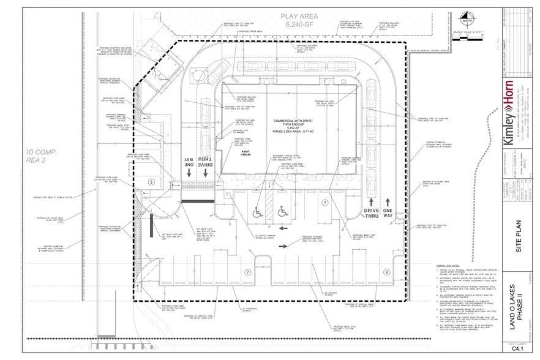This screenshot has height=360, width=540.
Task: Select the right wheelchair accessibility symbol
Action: tap(283, 212)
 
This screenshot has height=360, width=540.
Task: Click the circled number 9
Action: tap(386, 271)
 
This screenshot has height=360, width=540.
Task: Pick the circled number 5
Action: tap(151, 182)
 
